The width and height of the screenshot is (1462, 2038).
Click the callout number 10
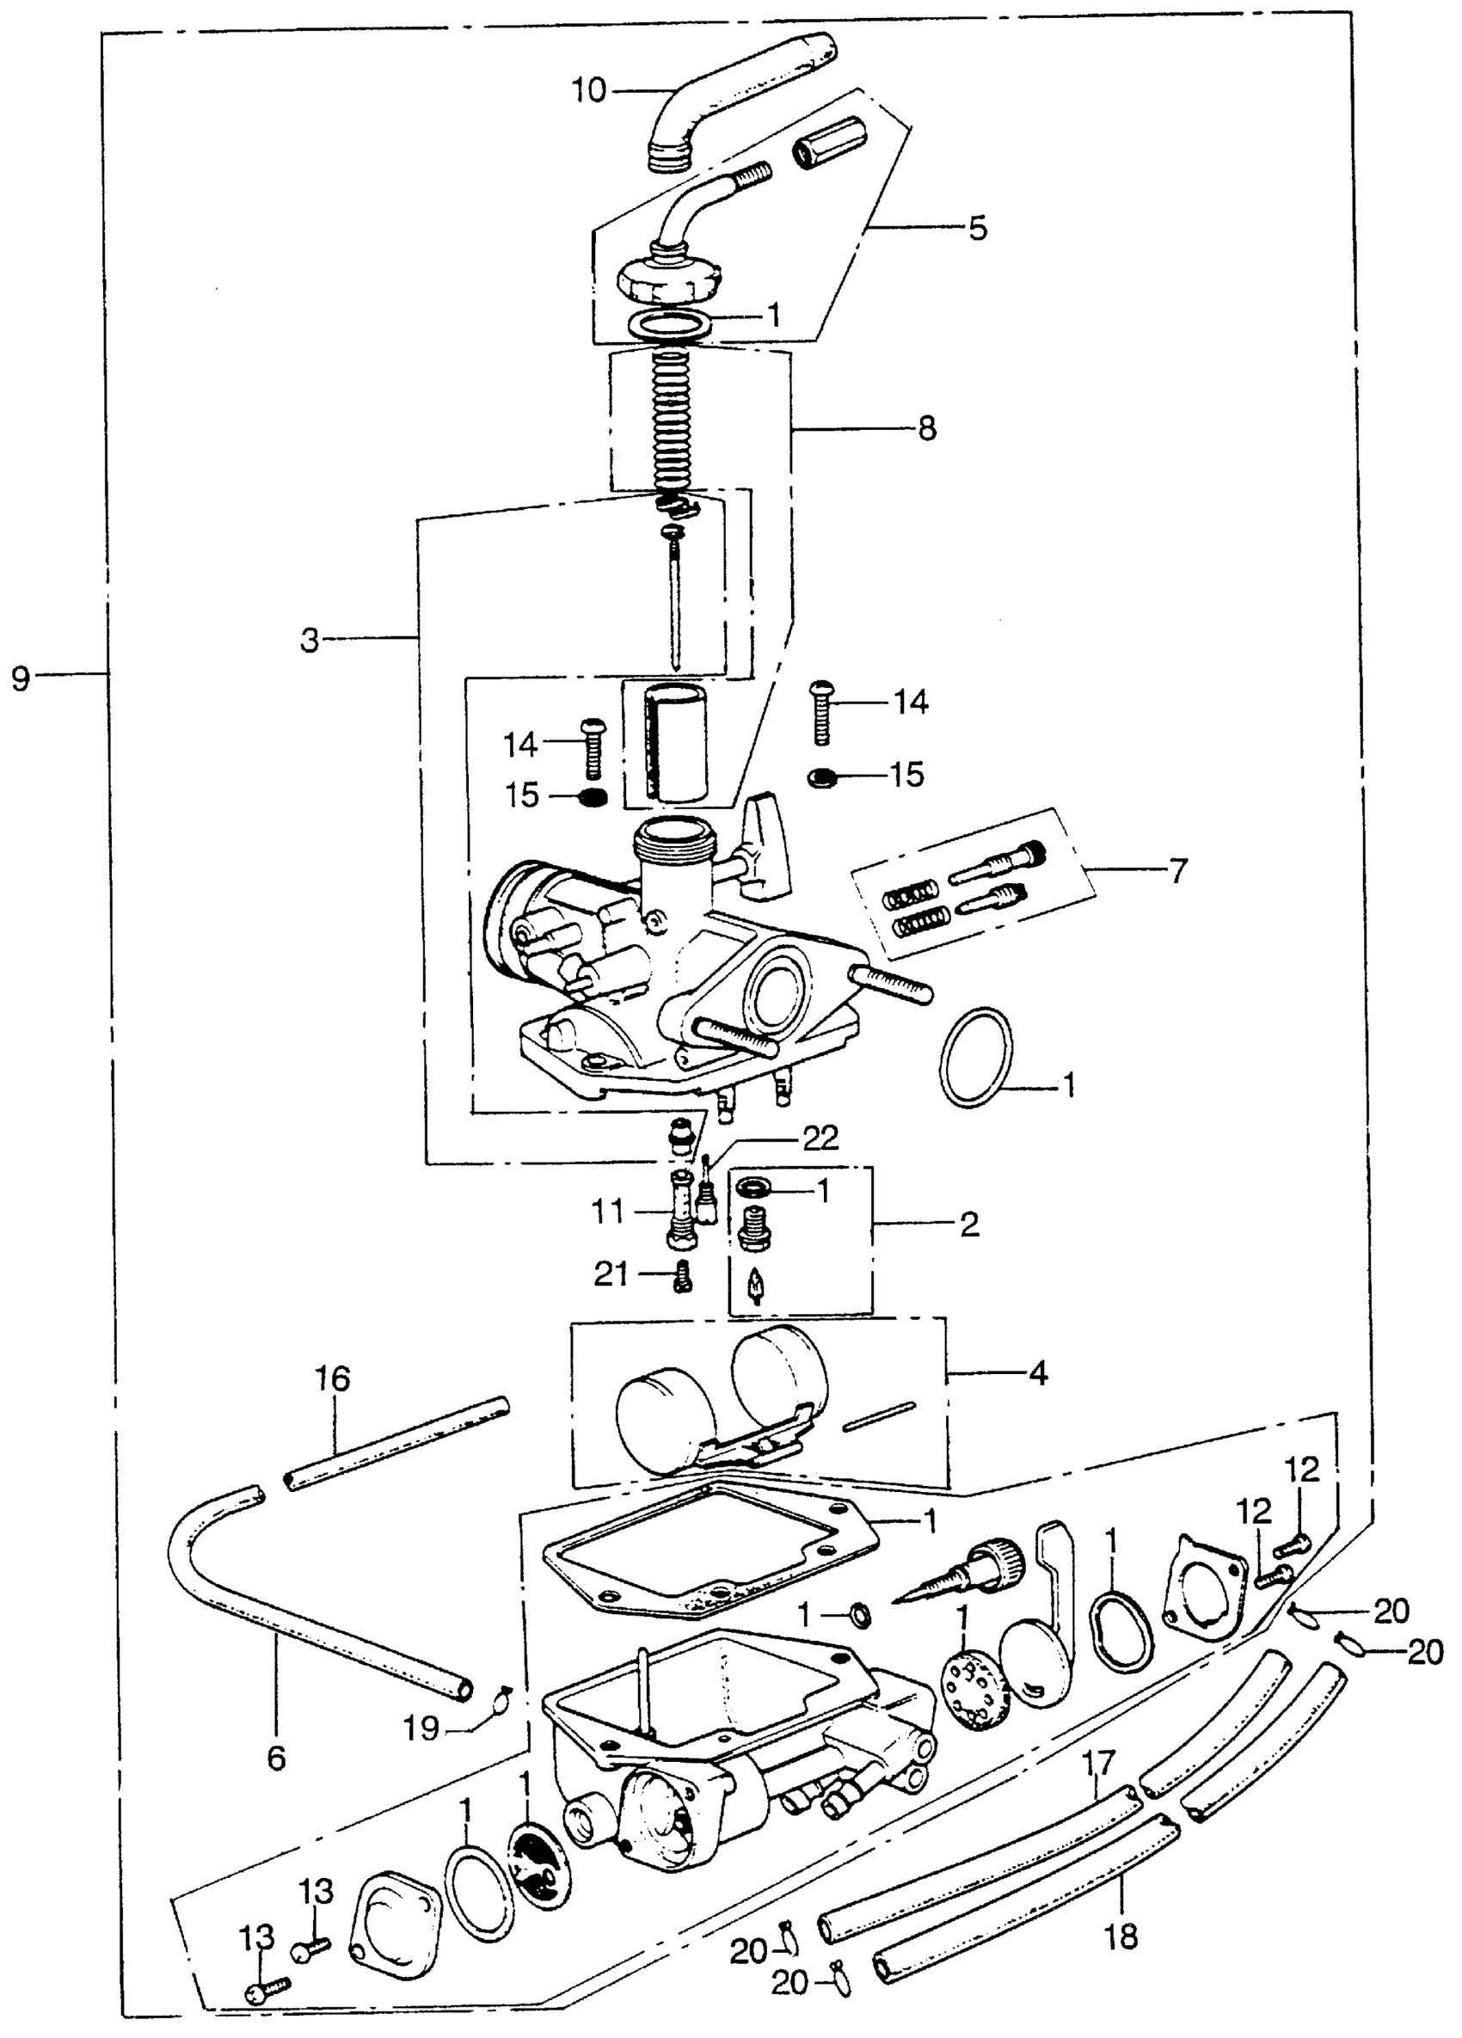point(589,91)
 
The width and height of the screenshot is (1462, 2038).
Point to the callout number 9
point(21,678)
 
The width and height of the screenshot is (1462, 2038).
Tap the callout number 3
point(310,641)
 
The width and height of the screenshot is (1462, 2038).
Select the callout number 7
point(1178,870)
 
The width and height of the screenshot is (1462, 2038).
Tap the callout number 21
point(611,1274)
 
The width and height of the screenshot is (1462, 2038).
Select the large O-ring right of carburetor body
point(976,1059)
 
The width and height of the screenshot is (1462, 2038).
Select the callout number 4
point(1038,1373)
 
